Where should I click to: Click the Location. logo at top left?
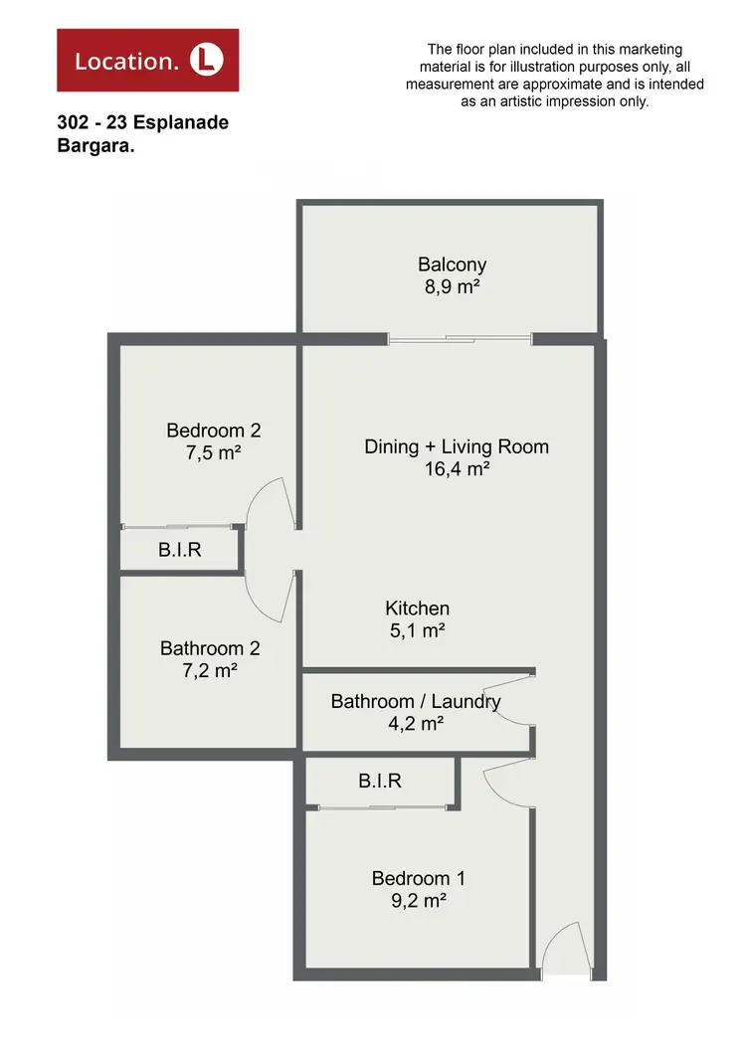[x=147, y=60]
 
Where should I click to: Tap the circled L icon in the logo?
[x=207, y=60]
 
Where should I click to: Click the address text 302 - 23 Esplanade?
[x=143, y=123]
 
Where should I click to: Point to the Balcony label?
[x=452, y=264]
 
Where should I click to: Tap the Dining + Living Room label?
[x=457, y=446]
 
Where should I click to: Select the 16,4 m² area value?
[x=457, y=469]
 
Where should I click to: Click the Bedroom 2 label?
[x=213, y=431]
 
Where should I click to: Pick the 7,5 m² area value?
[x=213, y=453]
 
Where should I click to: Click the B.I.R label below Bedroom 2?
[x=179, y=549]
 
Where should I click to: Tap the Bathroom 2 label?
[x=210, y=648]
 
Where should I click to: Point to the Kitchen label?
[x=418, y=608]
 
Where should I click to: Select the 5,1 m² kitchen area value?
[x=418, y=630]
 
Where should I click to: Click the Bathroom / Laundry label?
[x=416, y=701]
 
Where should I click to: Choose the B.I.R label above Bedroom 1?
[x=380, y=781]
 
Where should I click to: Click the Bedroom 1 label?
[x=418, y=878]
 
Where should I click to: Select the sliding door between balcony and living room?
[x=460, y=339]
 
